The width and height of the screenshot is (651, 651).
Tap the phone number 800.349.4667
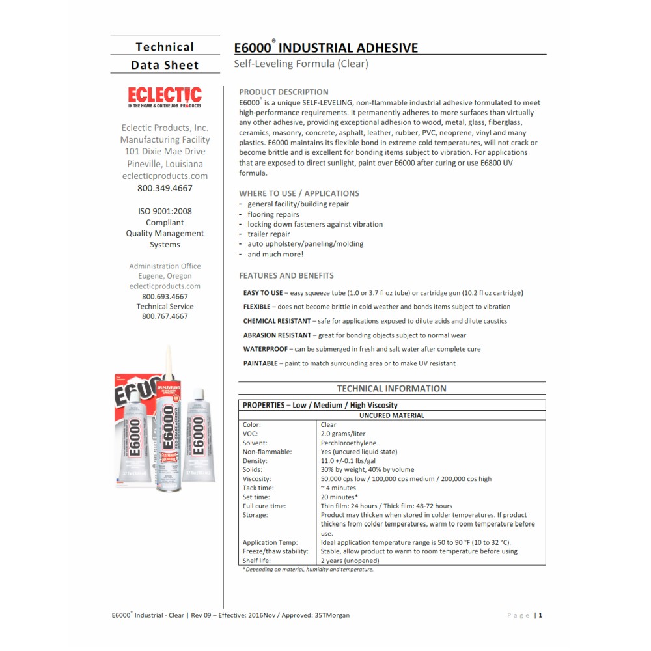coord(165,188)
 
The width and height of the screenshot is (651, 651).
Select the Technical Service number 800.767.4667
coord(165,316)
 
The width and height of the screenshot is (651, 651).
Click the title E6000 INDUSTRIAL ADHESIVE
coord(325,48)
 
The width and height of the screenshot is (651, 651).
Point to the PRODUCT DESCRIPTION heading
coord(284,92)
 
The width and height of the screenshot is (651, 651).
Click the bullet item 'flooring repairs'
coord(273,214)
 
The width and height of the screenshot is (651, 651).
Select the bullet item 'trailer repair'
coord(269,234)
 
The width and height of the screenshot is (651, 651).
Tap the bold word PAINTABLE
coord(260,363)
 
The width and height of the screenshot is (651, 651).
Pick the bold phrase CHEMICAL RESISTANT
coord(277,321)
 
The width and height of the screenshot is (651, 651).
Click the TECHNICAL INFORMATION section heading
coord(391,389)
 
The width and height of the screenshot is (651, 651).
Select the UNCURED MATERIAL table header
coord(391,415)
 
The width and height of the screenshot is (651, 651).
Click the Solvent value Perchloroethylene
coord(348,443)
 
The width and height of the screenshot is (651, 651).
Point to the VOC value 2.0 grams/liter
coord(342,434)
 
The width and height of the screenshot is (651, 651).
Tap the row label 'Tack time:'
coord(258,488)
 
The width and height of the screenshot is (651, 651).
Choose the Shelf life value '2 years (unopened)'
coord(350,561)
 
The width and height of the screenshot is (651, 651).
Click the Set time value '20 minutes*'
coord(339,497)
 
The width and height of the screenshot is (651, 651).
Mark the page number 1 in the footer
coord(540,615)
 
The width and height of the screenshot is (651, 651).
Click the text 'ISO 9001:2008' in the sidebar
coord(165,211)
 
